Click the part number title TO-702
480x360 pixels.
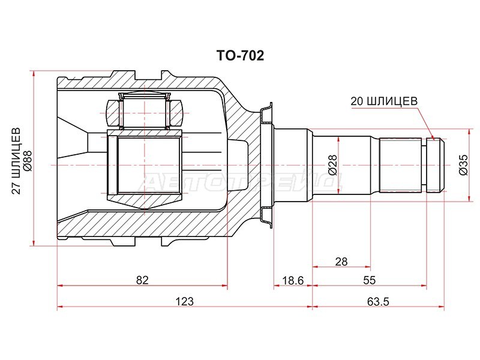(x=240, y=56)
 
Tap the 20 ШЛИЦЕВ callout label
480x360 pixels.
(x=384, y=102)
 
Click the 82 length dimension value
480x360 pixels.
(x=142, y=280)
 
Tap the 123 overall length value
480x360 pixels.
(x=184, y=302)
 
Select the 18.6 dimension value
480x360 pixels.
(x=293, y=280)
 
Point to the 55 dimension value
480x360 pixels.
(x=369, y=280)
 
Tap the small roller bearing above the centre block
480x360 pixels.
(x=145, y=111)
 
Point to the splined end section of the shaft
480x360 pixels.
(x=403, y=164)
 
